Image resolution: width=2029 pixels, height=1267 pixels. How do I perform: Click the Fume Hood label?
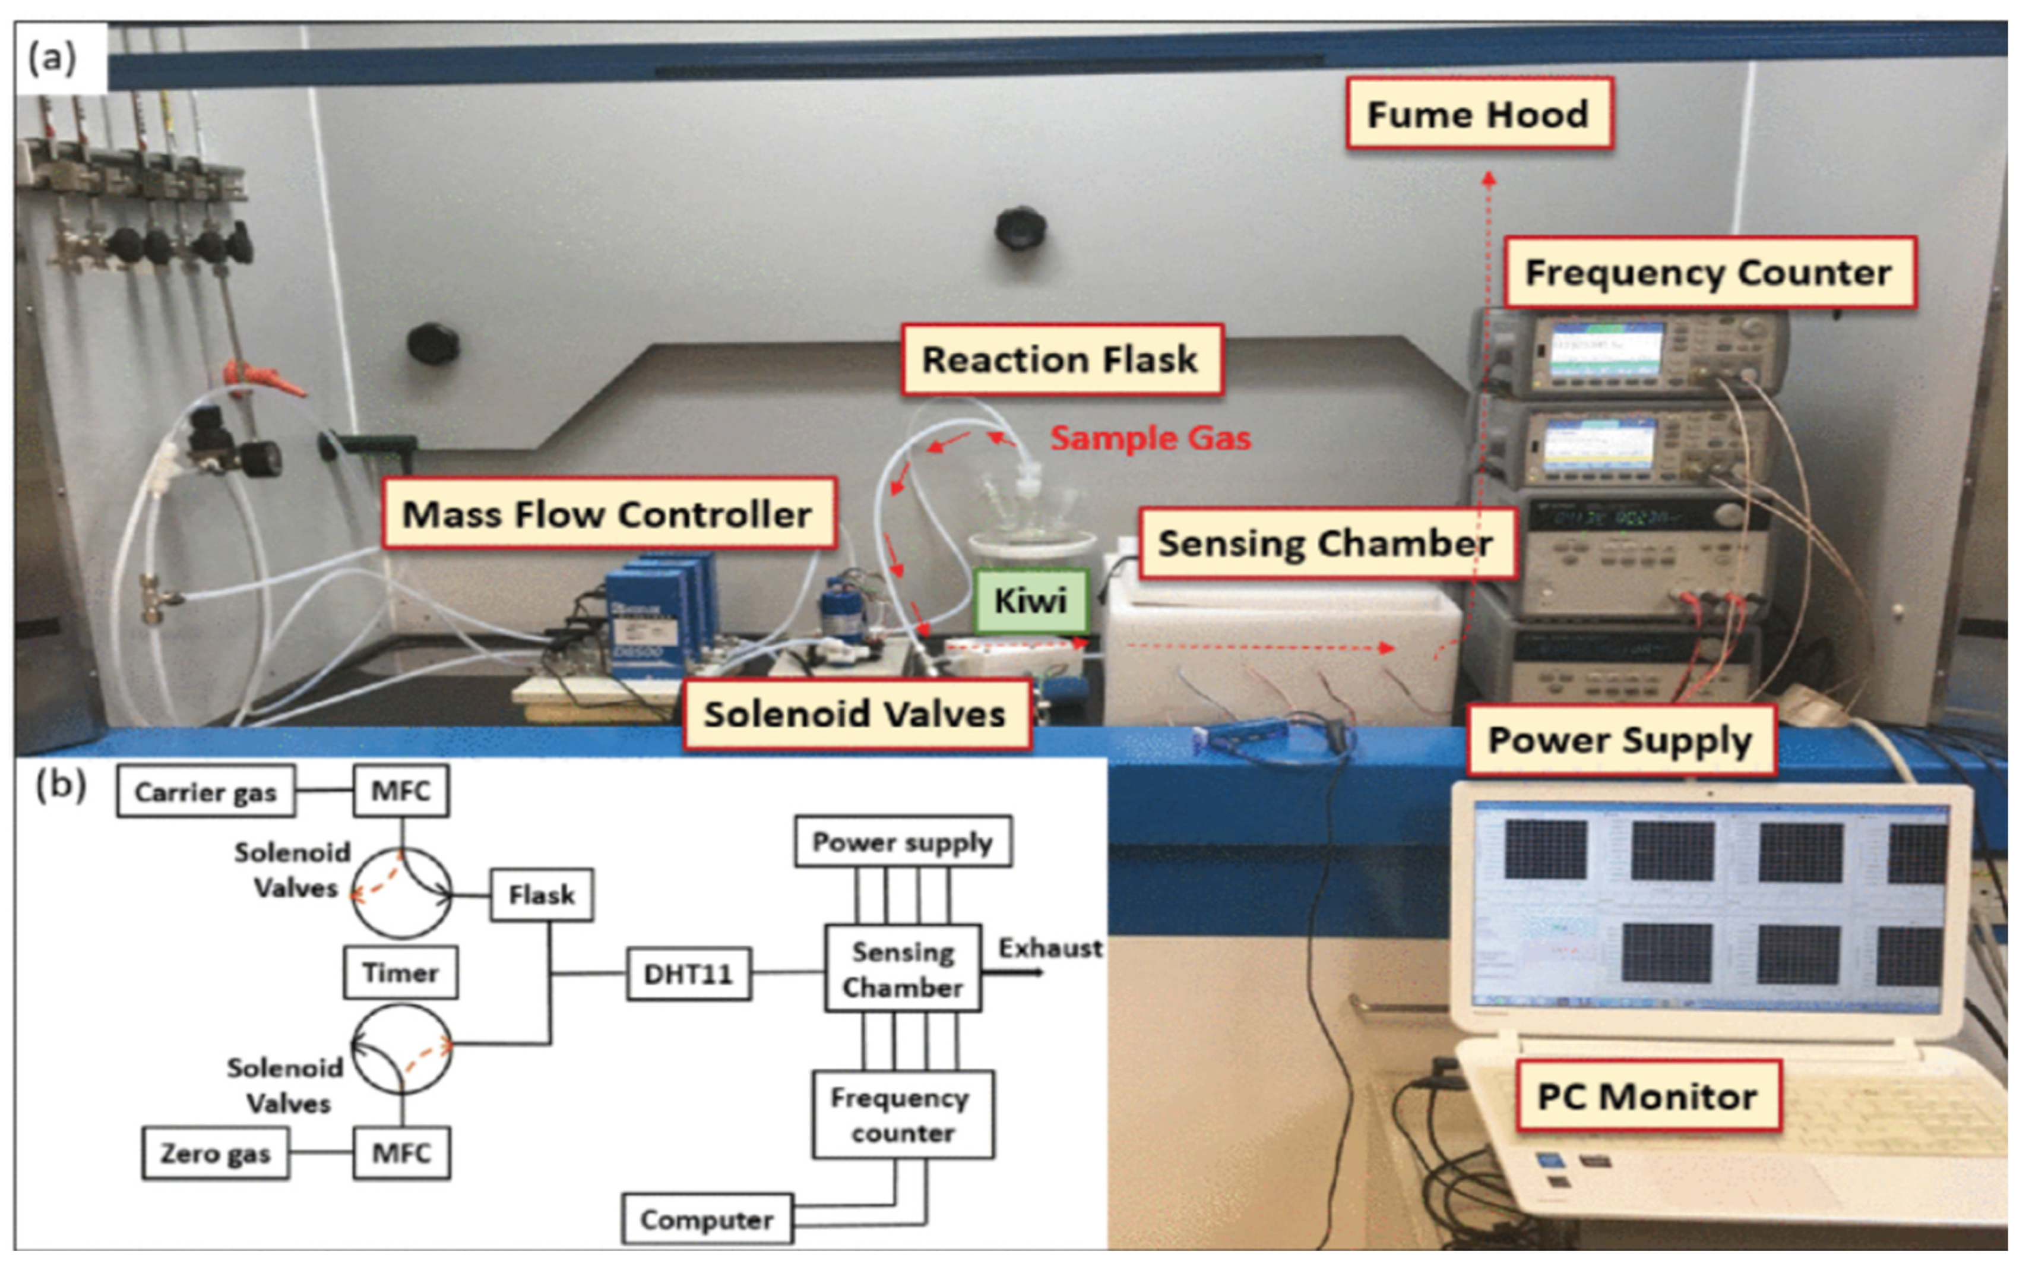(1479, 114)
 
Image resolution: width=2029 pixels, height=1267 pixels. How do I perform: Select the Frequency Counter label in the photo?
(1709, 272)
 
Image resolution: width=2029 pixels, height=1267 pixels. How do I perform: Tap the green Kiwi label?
(1030, 601)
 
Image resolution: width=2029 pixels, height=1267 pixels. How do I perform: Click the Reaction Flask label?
(1061, 359)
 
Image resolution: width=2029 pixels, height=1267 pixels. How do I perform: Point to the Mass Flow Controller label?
(608, 514)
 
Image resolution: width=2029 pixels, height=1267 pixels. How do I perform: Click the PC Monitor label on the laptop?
(1647, 1096)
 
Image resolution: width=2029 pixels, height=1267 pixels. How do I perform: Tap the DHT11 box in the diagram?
(688, 974)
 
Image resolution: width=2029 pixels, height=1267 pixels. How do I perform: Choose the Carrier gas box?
(205, 792)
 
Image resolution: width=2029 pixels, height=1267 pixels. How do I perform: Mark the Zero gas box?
(216, 1154)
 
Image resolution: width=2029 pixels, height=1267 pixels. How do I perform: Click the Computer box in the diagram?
(706, 1220)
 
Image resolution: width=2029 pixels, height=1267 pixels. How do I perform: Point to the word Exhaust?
(1050, 948)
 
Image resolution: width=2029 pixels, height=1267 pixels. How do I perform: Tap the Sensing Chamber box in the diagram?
(902, 969)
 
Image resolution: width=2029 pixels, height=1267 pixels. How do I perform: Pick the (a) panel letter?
(52, 59)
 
